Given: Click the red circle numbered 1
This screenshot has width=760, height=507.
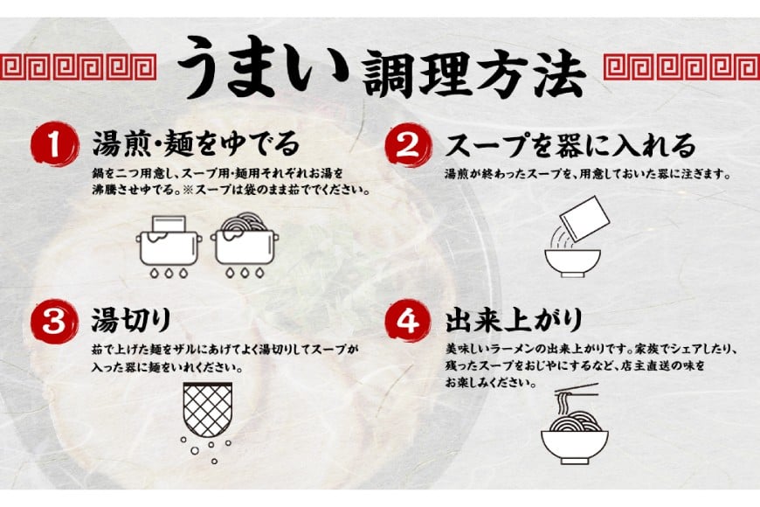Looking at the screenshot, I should point(55,146).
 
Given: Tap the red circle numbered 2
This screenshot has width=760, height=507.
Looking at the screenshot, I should point(408,146).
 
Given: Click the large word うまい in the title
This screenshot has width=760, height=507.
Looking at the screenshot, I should point(254,67).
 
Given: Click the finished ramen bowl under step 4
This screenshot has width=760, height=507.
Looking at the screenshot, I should point(574,441).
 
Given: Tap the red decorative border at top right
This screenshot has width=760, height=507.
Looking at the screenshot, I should point(681,66).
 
